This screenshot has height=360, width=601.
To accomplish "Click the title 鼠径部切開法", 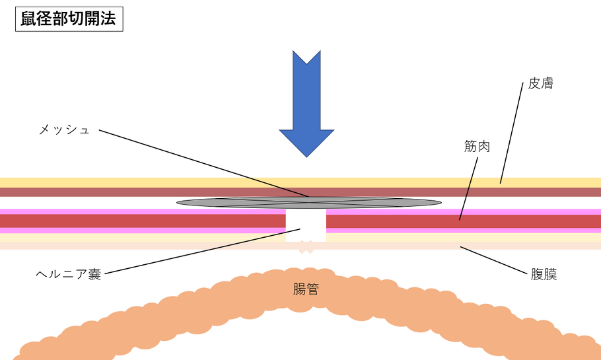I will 69,18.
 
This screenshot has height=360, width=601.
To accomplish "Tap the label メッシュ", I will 64,129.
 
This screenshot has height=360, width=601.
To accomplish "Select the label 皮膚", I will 540,84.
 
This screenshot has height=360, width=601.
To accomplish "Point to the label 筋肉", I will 477,147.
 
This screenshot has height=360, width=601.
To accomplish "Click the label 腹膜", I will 544,274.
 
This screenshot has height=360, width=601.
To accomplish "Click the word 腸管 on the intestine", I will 306,289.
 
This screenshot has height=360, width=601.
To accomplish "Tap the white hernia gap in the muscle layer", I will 306,225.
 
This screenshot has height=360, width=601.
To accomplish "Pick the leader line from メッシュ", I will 198,161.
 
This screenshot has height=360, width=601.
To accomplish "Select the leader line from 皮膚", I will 513,132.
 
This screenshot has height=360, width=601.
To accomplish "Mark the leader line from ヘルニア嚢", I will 198,251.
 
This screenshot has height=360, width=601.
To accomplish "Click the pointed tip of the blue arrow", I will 306,156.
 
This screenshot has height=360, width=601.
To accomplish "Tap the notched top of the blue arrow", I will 306,63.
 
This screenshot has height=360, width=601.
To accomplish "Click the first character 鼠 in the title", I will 29,18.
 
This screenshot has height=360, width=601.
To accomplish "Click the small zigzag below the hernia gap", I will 305,248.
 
